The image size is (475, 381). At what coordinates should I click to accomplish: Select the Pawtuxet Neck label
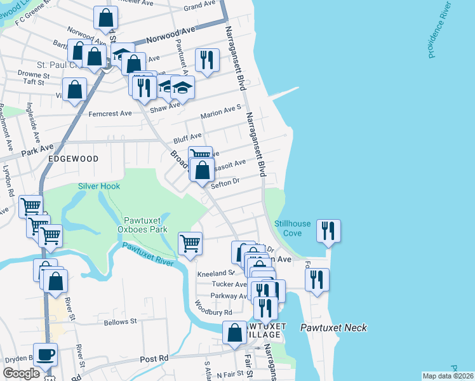pos(333,328)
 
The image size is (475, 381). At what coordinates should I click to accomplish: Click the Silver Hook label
pos(99,186)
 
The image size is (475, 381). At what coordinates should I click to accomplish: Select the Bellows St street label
pos(121,323)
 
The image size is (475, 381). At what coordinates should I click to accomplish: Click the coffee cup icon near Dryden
pos(45,354)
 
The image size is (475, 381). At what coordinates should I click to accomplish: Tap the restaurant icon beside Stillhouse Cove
pos(328,231)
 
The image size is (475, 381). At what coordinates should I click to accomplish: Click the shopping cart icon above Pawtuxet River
pos(190,243)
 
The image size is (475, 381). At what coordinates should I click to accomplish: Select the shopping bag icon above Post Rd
pos(234,333)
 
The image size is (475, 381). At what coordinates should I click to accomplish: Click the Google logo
pos(22,373)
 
